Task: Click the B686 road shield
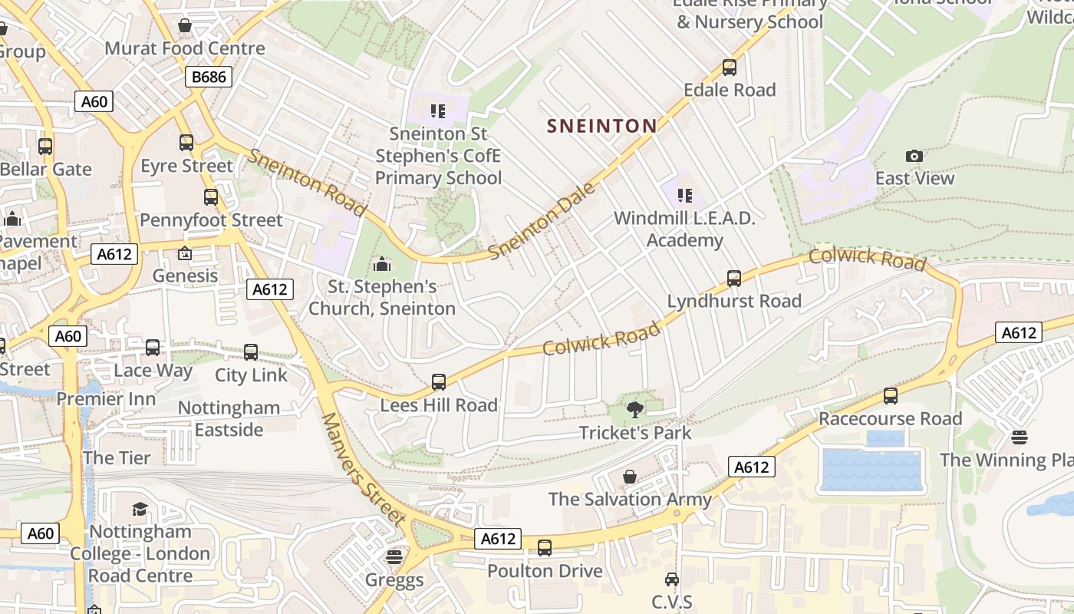coord(208,76)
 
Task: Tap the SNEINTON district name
coord(602,126)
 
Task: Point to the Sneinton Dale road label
coord(542,221)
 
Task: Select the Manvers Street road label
coord(362,469)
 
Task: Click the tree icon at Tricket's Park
coord(634,410)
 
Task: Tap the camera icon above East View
coord(914,157)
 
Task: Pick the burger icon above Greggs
coord(394,556)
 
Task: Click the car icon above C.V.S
coord(672,579)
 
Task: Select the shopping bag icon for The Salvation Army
coord(630,477)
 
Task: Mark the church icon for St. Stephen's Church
coord(382,265)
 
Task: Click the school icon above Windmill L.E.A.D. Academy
coord(684,196)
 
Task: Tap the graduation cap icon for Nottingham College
coord(140,509)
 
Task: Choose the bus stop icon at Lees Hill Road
coord(439,381)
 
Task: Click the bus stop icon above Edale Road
coord(730,67)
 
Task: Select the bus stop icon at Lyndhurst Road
coord(734,278)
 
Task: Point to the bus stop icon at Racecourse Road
coord(891,396)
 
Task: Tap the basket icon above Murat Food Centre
coord(185,25)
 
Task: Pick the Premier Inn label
coord(106,399)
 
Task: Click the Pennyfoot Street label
coord(211,220)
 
